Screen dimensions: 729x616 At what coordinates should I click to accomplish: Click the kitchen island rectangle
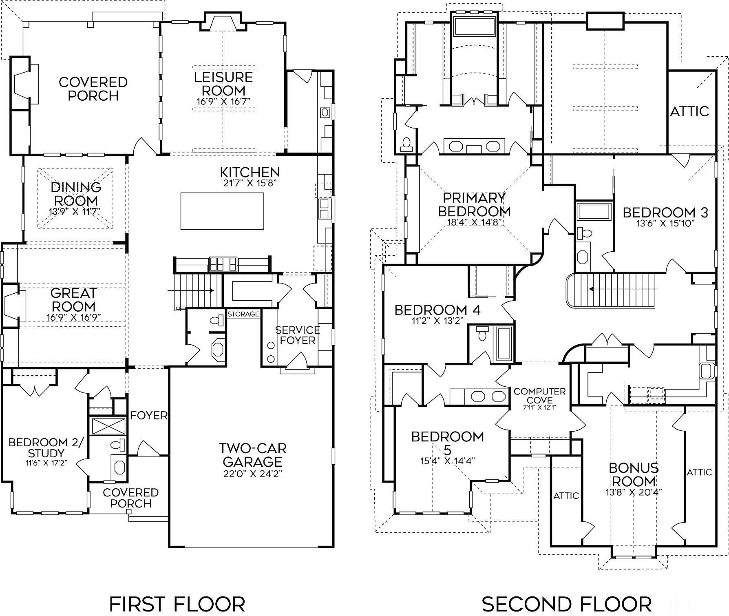click(x=222, y=211)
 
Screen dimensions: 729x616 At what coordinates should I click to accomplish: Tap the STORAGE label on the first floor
click(x=243, y=314)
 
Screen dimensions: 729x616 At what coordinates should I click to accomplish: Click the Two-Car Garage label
click(x=252, y=455)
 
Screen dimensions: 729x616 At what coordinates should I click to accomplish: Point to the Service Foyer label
click(x=298, y=335)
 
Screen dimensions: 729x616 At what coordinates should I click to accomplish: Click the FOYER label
click(x=149, y=415)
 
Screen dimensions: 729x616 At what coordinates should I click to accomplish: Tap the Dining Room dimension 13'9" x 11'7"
click(x=75, y=211)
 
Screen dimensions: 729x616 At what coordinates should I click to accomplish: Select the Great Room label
click(x=74, y=299)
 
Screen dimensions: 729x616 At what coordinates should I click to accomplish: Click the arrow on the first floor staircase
click(x=191, y=290)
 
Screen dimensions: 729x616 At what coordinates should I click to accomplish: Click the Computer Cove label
click(x=539, y=396)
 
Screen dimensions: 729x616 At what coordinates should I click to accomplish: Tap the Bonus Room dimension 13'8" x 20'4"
click(x=634, y=492)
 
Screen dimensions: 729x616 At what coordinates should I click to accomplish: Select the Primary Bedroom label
click(x=474, y=205)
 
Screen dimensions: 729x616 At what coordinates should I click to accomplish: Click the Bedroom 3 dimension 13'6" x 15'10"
click(x=665, y=224)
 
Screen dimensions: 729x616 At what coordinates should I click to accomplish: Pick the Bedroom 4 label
click(x=437, y=310)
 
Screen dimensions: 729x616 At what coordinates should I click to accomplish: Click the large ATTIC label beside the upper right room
click(x=690, y=111)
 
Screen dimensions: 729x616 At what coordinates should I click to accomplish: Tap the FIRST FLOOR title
click(x=177, y=604)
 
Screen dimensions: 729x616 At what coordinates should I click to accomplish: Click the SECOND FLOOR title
click(x=567, y=604)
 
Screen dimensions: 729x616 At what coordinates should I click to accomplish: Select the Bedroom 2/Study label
click(x=46, y=448)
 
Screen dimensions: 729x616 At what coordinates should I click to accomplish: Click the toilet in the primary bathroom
click(x=406, y=144)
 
